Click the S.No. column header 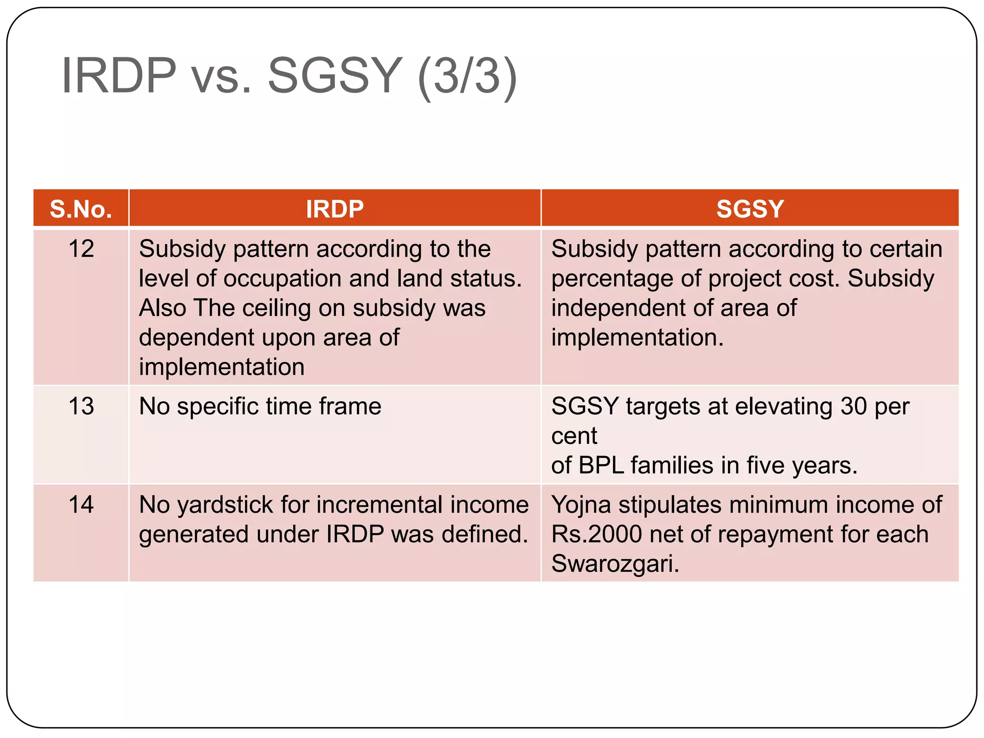(81, 209)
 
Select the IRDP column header (334, 209)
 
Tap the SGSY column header (750, 209)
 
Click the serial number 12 (81, 249)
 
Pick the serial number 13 (81, 406)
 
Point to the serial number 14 (81, 505)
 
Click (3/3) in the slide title (467, 76)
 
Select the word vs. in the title (221, 76)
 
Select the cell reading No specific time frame (260, 406)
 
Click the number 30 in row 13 (853, 406)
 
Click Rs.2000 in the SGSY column (596, 534)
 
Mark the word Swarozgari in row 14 (615, 564)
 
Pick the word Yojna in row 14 (581, 505)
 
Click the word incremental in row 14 (379, 505)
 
